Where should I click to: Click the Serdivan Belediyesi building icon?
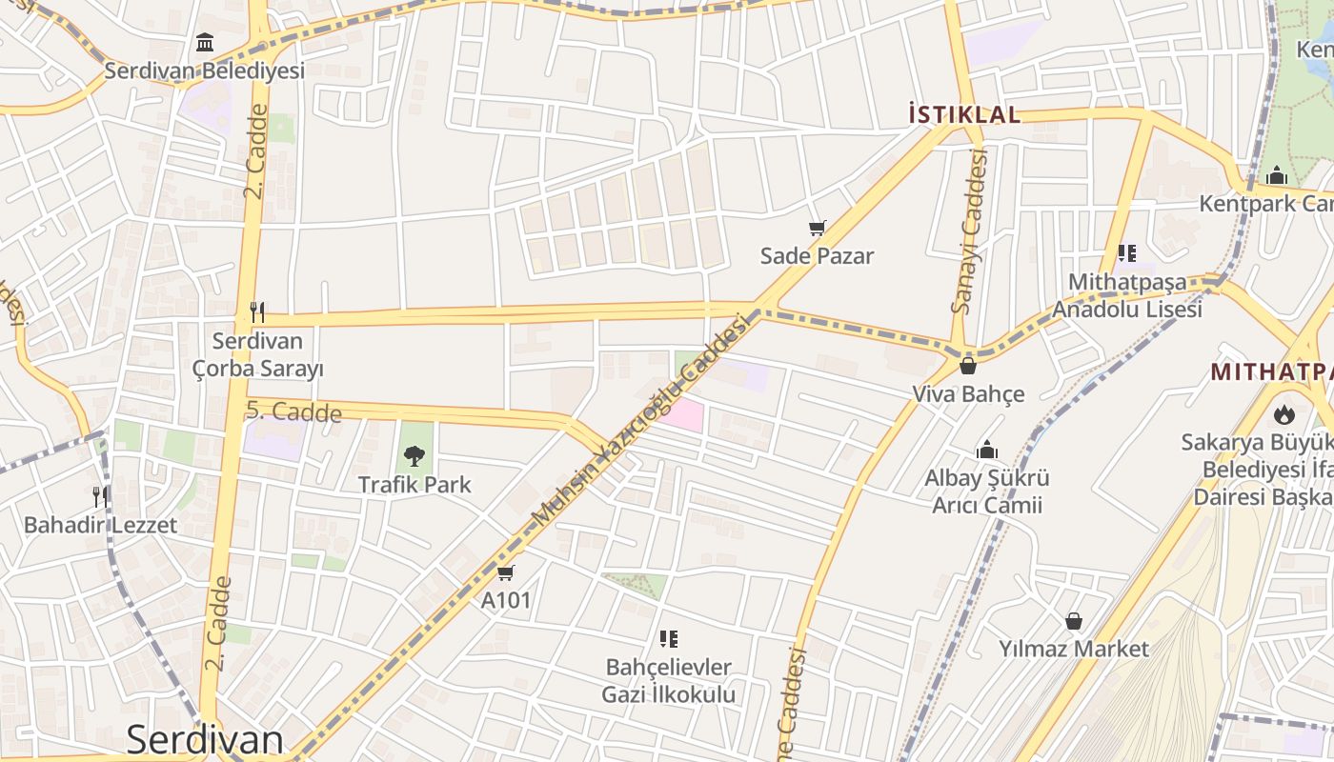point(205,43)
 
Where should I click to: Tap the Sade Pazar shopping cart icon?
point(817,228)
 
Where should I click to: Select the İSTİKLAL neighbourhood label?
point(964,115)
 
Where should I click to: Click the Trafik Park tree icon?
point(414,455)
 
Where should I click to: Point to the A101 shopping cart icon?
point(505,572)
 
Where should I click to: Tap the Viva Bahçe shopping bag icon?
point(968,365)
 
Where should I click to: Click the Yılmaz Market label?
point(1074,649)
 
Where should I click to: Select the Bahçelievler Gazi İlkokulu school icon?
point(668,638)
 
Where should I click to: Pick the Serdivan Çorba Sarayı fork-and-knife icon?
point(256,311)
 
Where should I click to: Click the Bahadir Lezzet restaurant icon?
point(99,496)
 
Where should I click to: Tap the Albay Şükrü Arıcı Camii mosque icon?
point(987,450)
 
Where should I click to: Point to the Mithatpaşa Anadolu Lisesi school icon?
point(1127,253)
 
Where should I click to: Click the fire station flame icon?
point(1284,414)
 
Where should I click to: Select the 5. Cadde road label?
point(293,411)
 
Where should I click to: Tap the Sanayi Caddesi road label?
point(970,231)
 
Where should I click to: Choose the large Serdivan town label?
point(205,740)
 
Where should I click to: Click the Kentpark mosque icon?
point(1277,176)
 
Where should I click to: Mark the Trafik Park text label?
point(414,485)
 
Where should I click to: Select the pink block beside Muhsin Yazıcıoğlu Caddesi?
point(683,414)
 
